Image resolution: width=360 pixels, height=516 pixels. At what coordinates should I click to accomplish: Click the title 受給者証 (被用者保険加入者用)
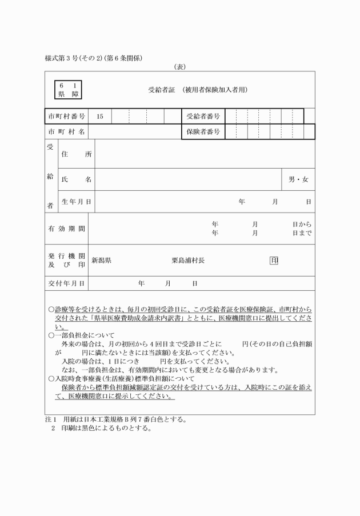point(198,90)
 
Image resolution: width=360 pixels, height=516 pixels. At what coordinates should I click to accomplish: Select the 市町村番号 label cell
point(67,117)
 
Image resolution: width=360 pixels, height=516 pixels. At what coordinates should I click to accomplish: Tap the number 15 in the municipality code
point(100,117)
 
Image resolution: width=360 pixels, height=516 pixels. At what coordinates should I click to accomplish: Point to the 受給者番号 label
point(203,117)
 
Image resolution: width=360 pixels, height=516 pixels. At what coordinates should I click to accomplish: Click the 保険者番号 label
point(203,132)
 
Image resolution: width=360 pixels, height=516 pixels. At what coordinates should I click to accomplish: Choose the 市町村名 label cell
point(67,132)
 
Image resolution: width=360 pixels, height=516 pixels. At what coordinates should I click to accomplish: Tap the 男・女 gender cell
point(298,179)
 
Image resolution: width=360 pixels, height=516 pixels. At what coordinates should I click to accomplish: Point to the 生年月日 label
point(77,202)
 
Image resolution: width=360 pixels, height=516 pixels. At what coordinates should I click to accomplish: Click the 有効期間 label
point(67,229)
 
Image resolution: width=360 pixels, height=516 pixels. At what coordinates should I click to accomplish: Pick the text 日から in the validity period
point(302,225)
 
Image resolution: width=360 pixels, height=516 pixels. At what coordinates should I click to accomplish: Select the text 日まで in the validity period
point(302,233)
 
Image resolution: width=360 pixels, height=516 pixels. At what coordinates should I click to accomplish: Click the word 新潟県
point(101,261)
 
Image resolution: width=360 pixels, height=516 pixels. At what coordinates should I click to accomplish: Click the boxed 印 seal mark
point(274,261)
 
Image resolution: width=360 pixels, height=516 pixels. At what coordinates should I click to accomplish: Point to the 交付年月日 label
point(67,283)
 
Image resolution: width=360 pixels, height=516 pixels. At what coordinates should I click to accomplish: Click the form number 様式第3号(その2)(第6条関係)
point(94,58)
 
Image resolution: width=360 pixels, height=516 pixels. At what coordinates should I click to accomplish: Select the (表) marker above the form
point(180,67)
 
